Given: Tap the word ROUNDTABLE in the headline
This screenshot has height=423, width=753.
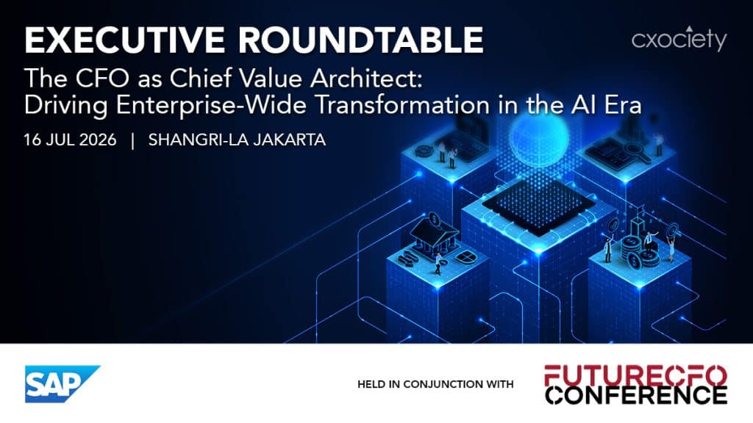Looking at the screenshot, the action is pyautogui.click(x=361, y=40).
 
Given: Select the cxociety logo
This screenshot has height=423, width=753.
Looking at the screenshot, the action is pyautogui.click(x=679, y=39).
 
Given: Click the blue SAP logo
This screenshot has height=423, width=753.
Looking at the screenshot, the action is pyautogui.click(x=63, y=384).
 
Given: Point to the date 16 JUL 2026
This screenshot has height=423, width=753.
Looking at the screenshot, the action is pyautogui.click(x=70, y=140).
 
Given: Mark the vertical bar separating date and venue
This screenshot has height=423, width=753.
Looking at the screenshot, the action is pyautogui.click(x=132, y=140).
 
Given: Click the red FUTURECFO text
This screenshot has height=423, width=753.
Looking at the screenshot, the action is pyautogui.click(x=635, y=375).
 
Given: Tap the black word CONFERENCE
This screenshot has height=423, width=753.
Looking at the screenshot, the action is pyautogui.click(x=636, y=394).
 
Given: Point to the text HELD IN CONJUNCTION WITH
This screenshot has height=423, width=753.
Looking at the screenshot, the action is pyautogui.click(x=435, y=384).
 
